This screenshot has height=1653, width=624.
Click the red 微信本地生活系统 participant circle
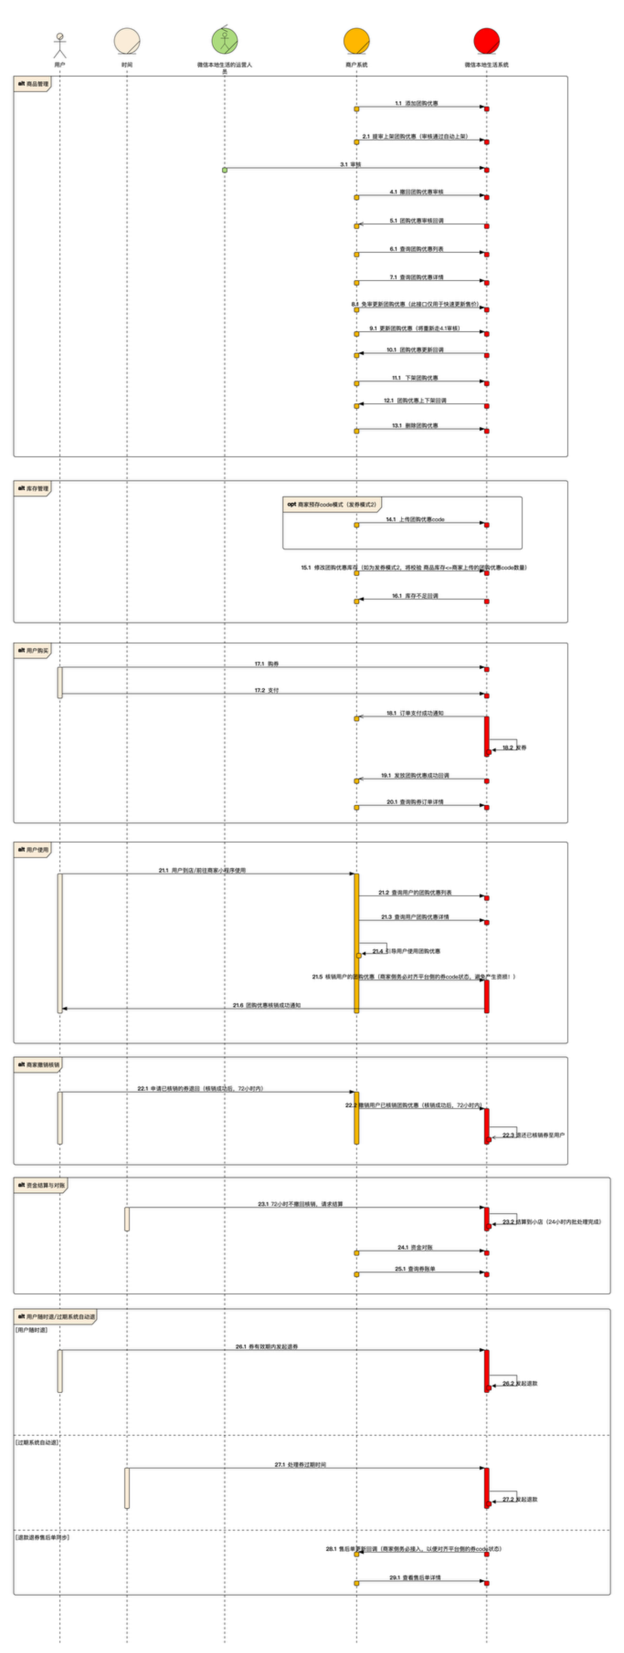pyautogui.click(x=486, y=41)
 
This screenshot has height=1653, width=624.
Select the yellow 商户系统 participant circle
pyautogui.click(x=356, y=41)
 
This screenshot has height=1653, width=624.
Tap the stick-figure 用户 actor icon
pyautogui.click(x=59, y=45)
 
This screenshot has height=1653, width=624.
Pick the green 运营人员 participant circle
pyautogui.click(x=225, y=41)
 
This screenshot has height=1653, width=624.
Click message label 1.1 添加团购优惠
pyautogui.click(x=417, y=103)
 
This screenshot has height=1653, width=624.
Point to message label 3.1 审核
pyautogui.click(x=351, y=165)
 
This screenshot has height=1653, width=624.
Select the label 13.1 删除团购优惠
pyautogui.click(x=415, y=426)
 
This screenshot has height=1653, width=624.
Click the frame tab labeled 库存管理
pyautogui.click(x=33, y=488)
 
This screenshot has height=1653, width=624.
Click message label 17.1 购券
pyautogui.click(x=267, y=664)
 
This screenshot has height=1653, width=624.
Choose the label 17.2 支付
pyautogui.click(x=267, y=690)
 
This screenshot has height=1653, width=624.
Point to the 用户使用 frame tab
pyautogui.click(x=33, y=850)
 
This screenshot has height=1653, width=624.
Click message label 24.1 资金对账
pyautogui.click(x=415, y=1247)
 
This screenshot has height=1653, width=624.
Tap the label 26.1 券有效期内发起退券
pyautogui.click(x=267, y=1347)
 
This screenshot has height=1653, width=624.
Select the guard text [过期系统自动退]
pyautogui.click(x=37, y=1442)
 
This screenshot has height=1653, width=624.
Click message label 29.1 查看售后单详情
pyautogui.click(x=415, y=1578)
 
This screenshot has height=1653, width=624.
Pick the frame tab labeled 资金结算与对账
pyautogui.click(x=41, y=1185)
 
